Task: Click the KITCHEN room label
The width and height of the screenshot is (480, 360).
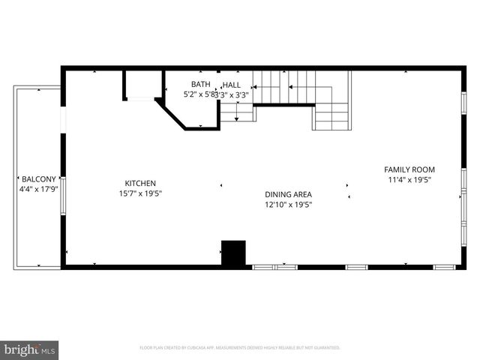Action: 140,183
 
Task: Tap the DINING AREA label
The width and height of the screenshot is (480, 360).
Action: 288,193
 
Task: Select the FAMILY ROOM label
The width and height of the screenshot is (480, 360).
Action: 409,169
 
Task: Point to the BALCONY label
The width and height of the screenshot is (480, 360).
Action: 37,178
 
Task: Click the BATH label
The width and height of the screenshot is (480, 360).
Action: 200,84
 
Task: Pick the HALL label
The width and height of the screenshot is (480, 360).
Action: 232,85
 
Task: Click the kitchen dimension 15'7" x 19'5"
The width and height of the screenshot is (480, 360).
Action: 140,193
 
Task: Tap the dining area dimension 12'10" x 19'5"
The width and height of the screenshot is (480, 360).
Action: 288,204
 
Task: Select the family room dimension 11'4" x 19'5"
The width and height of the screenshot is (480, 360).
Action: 409,180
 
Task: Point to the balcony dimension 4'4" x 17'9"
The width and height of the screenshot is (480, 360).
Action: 37,189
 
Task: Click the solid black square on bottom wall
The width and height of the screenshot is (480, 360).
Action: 233,252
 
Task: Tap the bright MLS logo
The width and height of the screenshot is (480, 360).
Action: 29,349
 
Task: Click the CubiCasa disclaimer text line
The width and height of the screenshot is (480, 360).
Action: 240,348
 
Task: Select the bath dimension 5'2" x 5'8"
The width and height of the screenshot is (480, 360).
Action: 199,94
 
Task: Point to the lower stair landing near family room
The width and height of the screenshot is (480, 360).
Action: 331,117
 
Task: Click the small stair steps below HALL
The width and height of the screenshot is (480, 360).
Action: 237,112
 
